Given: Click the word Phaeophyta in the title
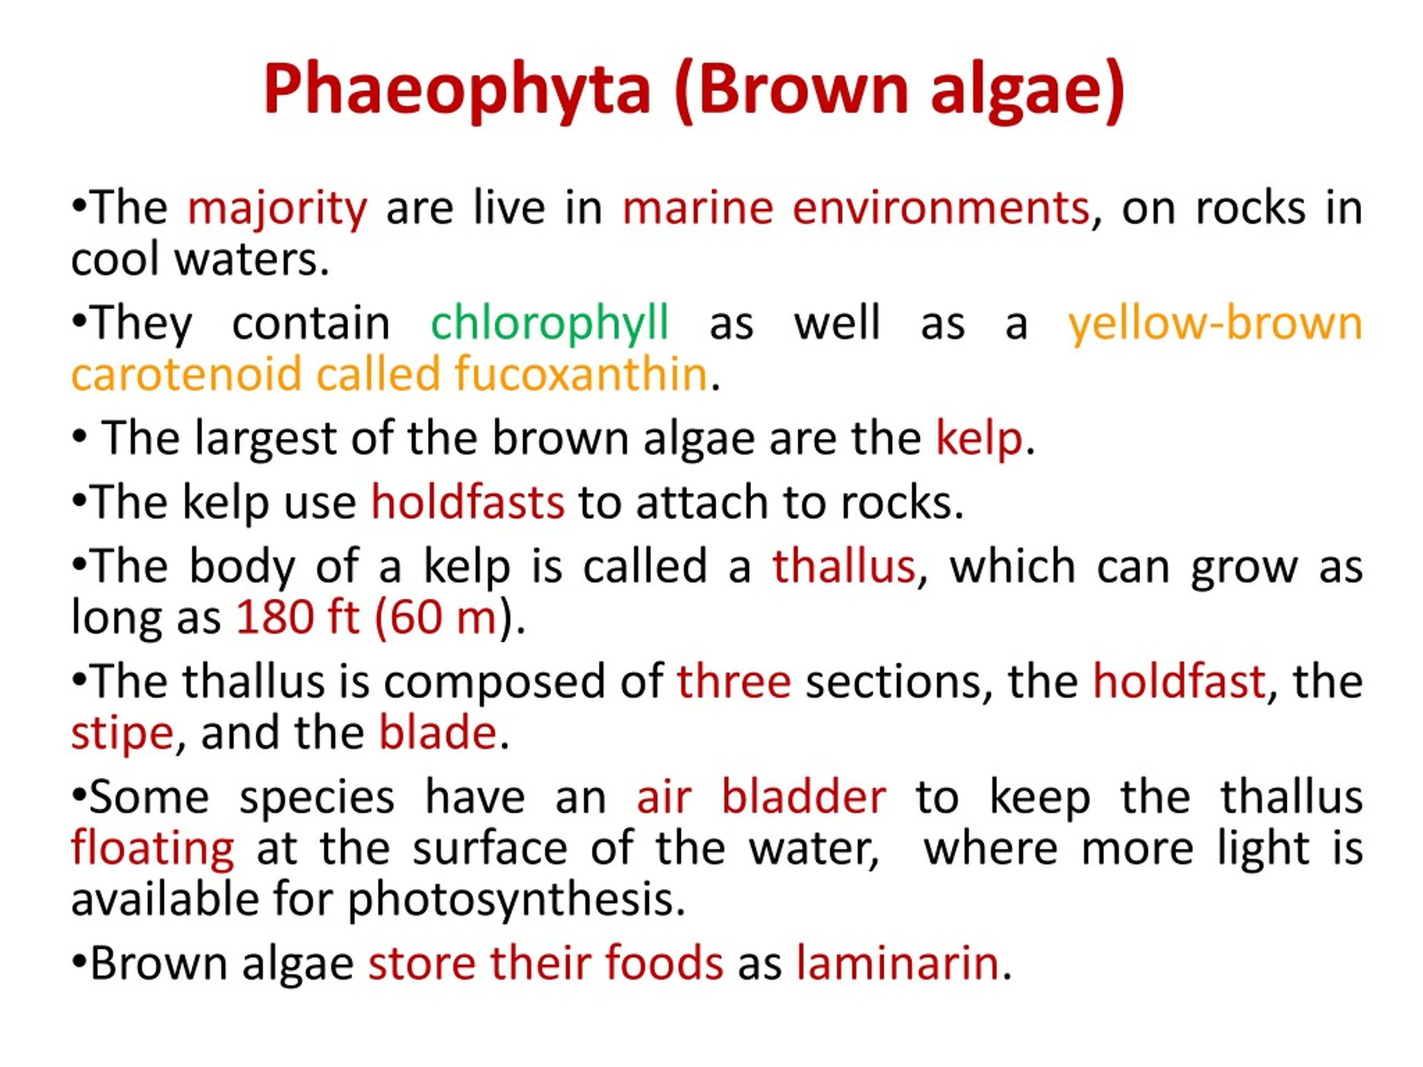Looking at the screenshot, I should point(457,89).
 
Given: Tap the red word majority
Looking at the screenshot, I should point(277,209).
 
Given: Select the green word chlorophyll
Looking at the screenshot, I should point(549,323).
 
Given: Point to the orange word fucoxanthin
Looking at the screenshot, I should point(581,375).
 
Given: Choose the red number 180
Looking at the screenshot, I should point(275,617).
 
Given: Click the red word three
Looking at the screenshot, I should point(733,681).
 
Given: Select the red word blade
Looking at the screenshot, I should point(437,733).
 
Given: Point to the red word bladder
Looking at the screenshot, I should point(803,797).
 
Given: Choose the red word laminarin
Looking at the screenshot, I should point(897,964).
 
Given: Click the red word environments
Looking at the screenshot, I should point(941,209).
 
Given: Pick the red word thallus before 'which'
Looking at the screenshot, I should point(843,567).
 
